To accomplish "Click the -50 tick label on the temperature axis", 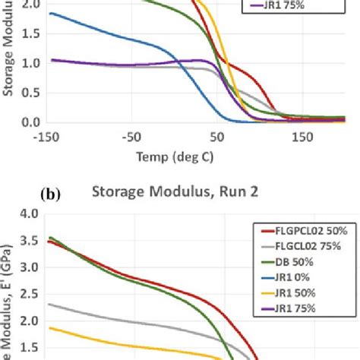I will tap(132, 138).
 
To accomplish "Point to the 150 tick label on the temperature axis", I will tap(302, 138).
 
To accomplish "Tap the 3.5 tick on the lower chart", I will tap(31, 242).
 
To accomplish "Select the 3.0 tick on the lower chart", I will tap(31, 268).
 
